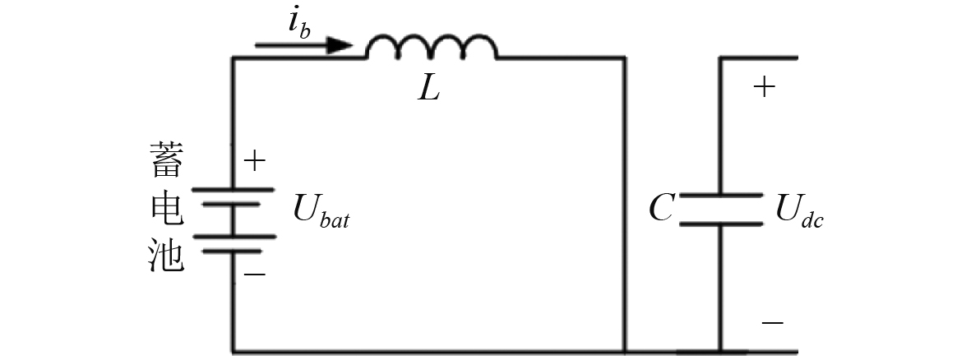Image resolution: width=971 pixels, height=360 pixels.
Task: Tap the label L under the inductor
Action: point(428,90)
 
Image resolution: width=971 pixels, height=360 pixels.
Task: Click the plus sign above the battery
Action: point(256,160)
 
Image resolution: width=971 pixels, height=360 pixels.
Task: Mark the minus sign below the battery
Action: point(256,274)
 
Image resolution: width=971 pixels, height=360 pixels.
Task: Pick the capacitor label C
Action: point(660,211)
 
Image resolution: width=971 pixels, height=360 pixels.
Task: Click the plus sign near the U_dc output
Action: point(765,86)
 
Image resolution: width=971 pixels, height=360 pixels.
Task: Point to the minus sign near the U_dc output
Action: point(772,323)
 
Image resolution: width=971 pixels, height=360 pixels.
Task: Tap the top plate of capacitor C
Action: point(721,197)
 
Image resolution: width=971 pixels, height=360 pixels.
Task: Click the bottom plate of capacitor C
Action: point(721,222)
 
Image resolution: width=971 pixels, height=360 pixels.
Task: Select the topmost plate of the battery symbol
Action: point(234,189)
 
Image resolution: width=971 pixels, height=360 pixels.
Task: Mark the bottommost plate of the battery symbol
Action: point(234,252)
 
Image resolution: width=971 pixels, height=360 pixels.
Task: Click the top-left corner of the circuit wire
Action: point(234,58)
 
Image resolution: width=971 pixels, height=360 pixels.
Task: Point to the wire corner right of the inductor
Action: point(624,58)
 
